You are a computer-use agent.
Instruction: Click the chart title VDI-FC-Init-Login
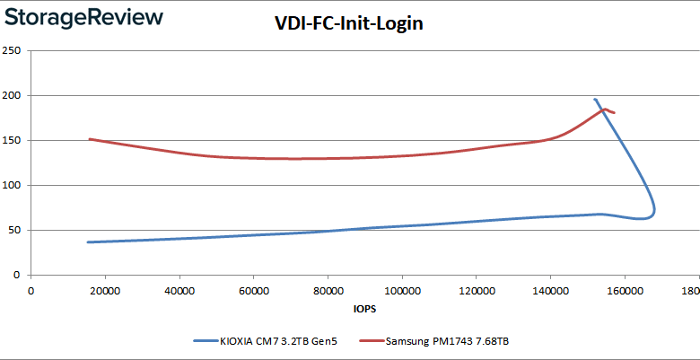point(348,23)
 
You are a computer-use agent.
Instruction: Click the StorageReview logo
point(83,17)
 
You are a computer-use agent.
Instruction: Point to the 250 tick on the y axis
point(13,50)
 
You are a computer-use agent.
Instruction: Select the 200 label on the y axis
point(13,95)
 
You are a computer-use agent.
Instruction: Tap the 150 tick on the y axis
point(13,140)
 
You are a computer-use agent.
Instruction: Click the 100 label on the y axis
point(13,185)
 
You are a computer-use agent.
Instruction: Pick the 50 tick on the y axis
point(15,230)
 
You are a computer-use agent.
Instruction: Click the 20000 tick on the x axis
point(105,291)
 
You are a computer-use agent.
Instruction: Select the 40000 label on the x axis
point(179,291)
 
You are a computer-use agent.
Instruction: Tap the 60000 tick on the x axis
point(253,291)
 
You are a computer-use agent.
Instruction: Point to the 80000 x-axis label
point(328,291)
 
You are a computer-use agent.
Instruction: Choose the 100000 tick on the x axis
point(401,291)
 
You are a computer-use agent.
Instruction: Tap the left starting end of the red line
point(89,139)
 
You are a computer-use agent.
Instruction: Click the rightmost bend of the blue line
point(654,210)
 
